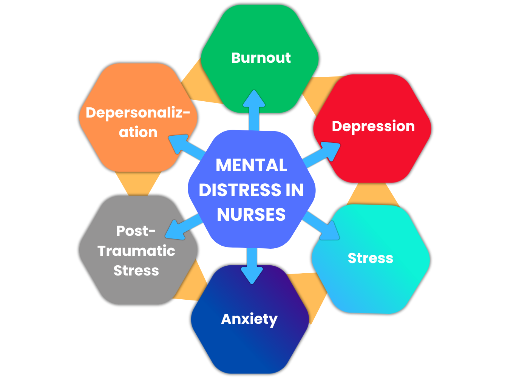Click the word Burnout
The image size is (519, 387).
261,58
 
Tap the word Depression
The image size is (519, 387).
373,126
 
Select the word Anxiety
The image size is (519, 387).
249,319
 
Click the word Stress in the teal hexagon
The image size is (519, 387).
370,258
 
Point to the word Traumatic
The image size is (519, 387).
136,251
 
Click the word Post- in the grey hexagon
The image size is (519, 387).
136,231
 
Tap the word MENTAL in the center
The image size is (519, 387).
252,165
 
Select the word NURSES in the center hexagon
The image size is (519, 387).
252,215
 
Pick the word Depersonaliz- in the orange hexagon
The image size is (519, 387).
138,113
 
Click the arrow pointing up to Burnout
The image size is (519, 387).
254,110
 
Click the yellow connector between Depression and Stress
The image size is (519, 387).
373,193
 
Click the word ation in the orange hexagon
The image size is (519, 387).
138,132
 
